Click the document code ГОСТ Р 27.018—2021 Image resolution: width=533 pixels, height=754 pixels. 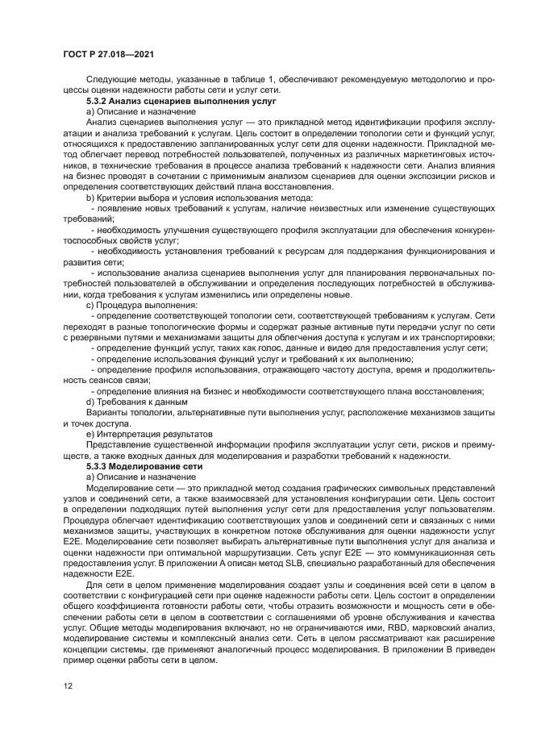(108, 54)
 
